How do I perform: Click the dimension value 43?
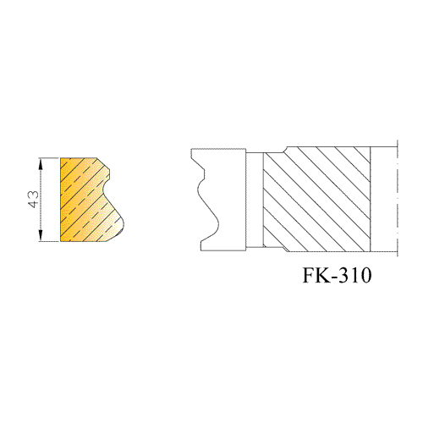(34, 200)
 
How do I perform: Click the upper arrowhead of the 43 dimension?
(41, 163)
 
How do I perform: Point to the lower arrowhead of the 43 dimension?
(41, 236)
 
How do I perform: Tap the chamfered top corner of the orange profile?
(103, 163)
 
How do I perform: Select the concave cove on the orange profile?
(104, 188)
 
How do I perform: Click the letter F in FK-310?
(309, 275)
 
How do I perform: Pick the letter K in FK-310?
(323, 275)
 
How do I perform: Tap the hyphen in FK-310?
(334, 277)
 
